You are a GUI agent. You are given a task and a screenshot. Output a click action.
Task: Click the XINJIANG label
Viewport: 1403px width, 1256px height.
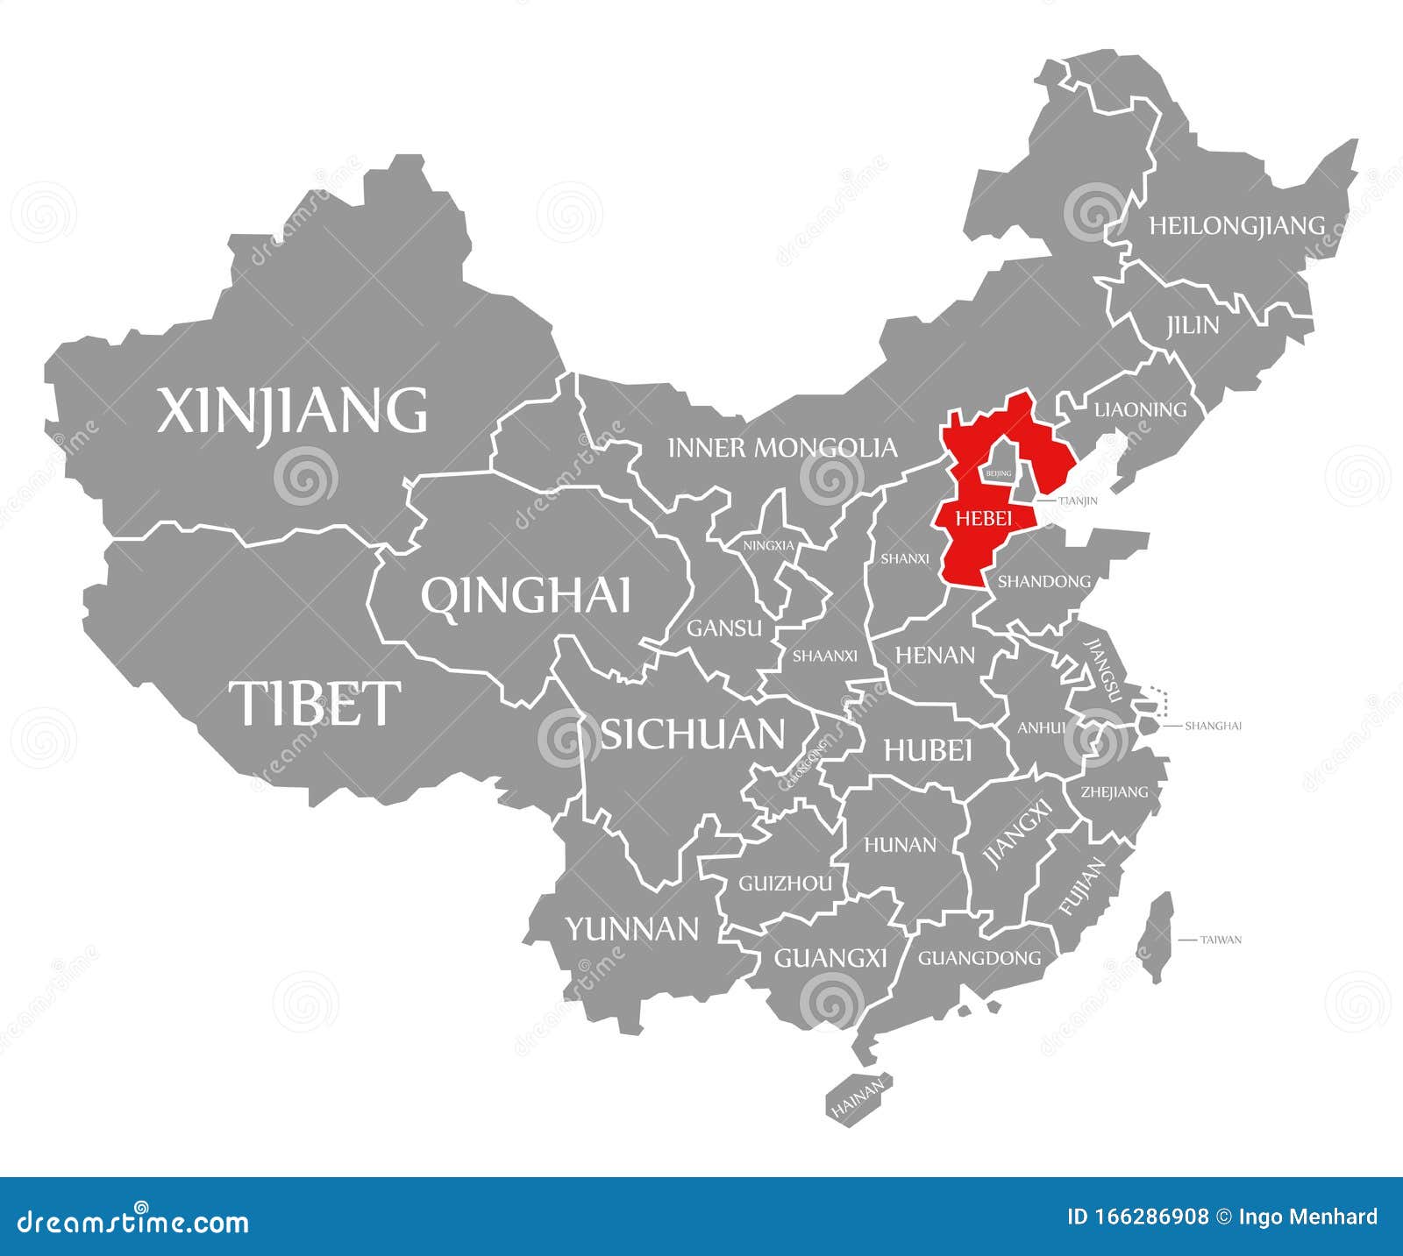[292, 410]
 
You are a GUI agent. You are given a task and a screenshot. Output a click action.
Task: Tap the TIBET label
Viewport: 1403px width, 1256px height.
[315, 703]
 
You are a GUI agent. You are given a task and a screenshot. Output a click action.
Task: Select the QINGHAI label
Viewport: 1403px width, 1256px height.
[525, 596]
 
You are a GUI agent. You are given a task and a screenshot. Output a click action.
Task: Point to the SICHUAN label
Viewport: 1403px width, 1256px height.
[692, 734]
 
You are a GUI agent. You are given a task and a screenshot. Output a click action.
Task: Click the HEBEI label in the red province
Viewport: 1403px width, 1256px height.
[983, 518]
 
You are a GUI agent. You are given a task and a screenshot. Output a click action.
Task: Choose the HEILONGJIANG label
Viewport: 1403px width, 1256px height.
[1236, 225]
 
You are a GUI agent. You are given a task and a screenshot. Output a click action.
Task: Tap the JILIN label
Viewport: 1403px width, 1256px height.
[1193, 325]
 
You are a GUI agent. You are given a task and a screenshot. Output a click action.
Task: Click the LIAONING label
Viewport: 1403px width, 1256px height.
[1140, 408]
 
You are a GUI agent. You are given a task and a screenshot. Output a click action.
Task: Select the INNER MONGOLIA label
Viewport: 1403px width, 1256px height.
[782, 448]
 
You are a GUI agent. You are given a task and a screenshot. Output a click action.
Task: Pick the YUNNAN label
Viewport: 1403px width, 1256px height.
[631, 928]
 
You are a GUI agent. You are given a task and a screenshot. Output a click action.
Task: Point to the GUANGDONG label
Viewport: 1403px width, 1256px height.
[979, 958]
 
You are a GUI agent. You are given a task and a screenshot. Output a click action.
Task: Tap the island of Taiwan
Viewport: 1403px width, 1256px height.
[1158, 937]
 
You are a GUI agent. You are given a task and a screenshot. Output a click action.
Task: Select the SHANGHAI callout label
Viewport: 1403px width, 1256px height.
[1213, 726]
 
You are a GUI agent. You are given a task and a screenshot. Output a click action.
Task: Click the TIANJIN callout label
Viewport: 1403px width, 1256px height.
[1078, 501]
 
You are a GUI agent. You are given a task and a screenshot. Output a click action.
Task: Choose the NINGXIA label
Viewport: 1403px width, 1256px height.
[768, 545]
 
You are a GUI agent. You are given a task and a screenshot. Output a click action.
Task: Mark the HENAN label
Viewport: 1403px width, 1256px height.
[935, 655]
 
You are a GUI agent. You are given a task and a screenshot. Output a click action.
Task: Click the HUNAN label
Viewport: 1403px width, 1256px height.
[900, 844]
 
